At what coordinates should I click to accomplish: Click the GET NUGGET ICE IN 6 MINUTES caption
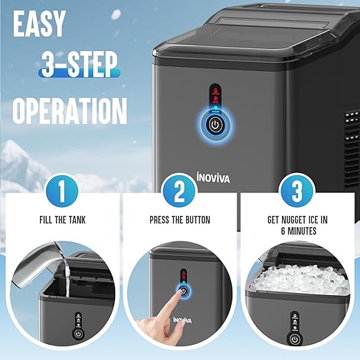tap(298, 227)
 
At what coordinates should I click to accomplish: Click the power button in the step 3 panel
tap(295, 339)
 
